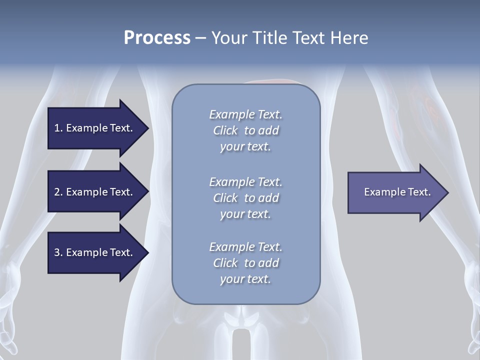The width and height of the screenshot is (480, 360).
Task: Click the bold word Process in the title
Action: [157, 38]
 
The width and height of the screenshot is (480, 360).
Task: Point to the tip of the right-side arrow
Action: [447, 192]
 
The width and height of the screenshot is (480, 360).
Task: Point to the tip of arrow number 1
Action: [147, 128]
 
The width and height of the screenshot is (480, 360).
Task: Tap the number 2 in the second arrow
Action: [57, 192]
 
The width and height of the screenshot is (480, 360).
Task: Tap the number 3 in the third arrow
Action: [57, 252]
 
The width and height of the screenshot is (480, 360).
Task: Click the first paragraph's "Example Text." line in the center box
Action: [245, 114]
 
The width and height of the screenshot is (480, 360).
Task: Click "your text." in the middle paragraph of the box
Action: [245, 214]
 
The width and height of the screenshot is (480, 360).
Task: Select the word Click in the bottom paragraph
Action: [225, 263]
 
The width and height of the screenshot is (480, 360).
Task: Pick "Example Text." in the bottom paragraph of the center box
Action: [245, 247]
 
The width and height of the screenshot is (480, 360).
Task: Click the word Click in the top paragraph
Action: [225, 130]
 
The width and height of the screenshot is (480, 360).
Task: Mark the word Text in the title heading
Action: [305, 38]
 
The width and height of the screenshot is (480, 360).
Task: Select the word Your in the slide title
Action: [228, 38]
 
